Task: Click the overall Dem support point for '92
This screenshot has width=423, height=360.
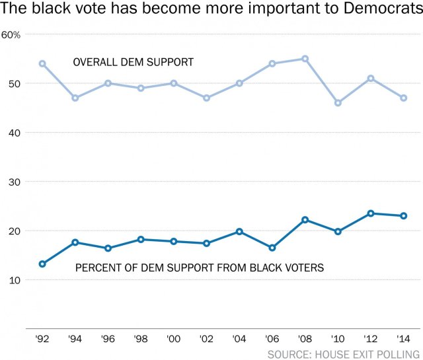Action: pos(42,64)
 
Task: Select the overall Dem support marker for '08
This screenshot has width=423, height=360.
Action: pos(305,59)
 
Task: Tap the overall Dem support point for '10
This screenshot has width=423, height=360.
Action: pos(338,103)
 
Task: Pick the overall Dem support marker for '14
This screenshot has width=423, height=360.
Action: pos(404,98)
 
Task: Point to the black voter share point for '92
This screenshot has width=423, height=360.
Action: pos(42,264)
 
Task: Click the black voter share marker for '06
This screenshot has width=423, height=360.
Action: pos(272,248)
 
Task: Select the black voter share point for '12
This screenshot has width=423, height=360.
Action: pos(371,213)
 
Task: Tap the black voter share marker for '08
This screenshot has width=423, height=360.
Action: pos(305,220)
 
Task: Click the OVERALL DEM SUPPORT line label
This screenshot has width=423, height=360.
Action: pos(133,63)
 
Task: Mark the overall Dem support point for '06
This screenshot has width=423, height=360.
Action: pos(272,64)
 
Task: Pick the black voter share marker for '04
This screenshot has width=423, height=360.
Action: pos(239,232)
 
